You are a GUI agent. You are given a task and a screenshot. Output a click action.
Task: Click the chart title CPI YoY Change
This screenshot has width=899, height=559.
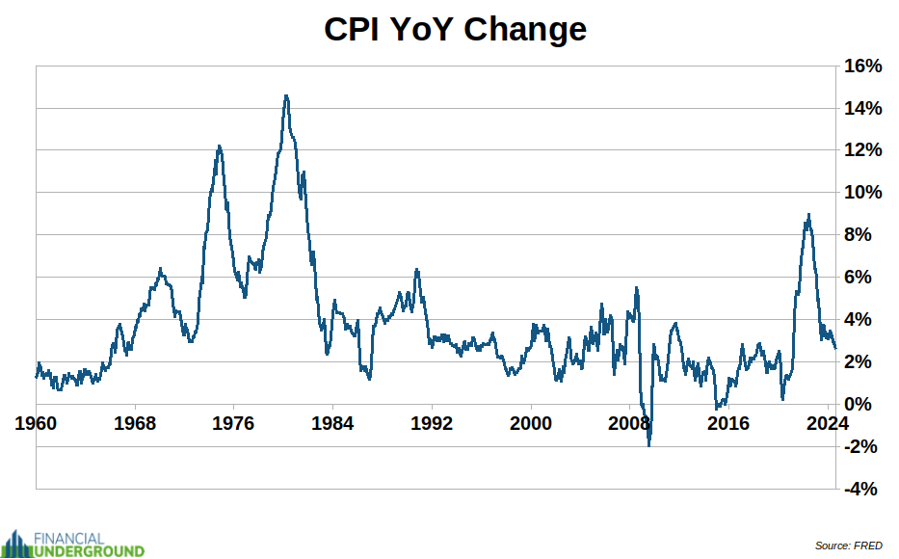455,29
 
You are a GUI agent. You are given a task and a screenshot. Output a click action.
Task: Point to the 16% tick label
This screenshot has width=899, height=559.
862,67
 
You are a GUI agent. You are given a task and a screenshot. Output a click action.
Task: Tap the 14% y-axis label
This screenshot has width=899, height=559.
862,109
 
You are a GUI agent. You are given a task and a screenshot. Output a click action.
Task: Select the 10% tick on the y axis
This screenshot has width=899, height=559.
862,193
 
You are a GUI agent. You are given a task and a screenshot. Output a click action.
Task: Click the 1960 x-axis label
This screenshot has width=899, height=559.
37,422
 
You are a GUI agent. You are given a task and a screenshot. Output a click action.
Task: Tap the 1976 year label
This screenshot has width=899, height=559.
234,422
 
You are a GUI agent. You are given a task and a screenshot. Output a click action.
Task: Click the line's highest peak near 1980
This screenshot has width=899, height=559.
286,95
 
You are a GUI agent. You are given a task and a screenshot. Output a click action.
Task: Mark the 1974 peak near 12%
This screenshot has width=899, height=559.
219,146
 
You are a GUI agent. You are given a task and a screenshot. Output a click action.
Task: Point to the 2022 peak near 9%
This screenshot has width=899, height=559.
808,215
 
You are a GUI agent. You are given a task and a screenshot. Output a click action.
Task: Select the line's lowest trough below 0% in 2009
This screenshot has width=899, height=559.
649,445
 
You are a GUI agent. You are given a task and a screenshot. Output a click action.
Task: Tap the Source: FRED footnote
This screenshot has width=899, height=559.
848,546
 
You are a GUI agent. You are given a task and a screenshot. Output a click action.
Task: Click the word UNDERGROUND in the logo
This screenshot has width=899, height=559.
89,551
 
